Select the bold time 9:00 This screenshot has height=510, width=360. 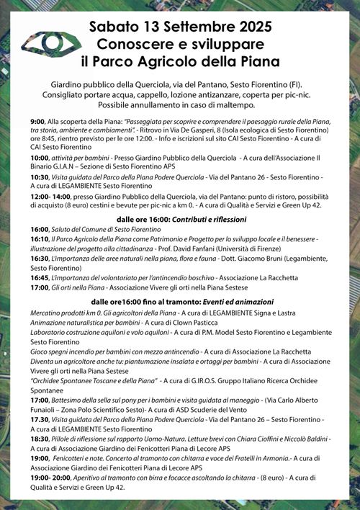point(37,122)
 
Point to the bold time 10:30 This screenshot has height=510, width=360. point(40,176)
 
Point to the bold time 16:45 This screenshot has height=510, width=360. point(40,277)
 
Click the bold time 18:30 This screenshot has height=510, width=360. point(40,438)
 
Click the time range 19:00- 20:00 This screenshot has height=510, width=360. point(50,477)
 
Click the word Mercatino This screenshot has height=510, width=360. point(50,313)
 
